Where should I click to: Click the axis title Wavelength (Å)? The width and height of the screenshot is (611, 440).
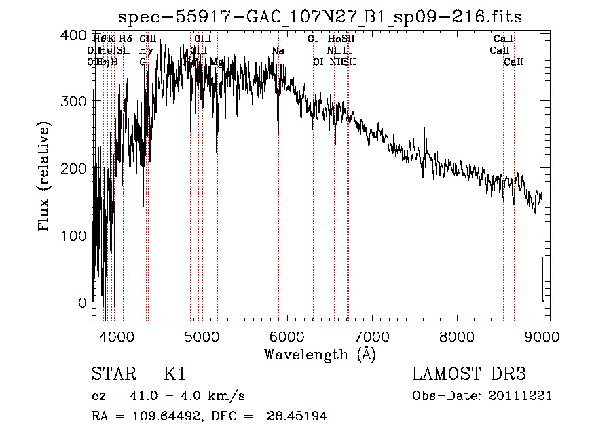(320, 354)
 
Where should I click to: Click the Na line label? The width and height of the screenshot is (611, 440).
(278, 51)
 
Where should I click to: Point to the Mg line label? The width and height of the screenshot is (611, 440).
(217, 62)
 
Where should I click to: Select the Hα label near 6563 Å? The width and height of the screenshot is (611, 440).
(333, 39)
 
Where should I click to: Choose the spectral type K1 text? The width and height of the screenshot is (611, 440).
(174, 374)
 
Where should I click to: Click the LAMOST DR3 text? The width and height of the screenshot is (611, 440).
(469, 374)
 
